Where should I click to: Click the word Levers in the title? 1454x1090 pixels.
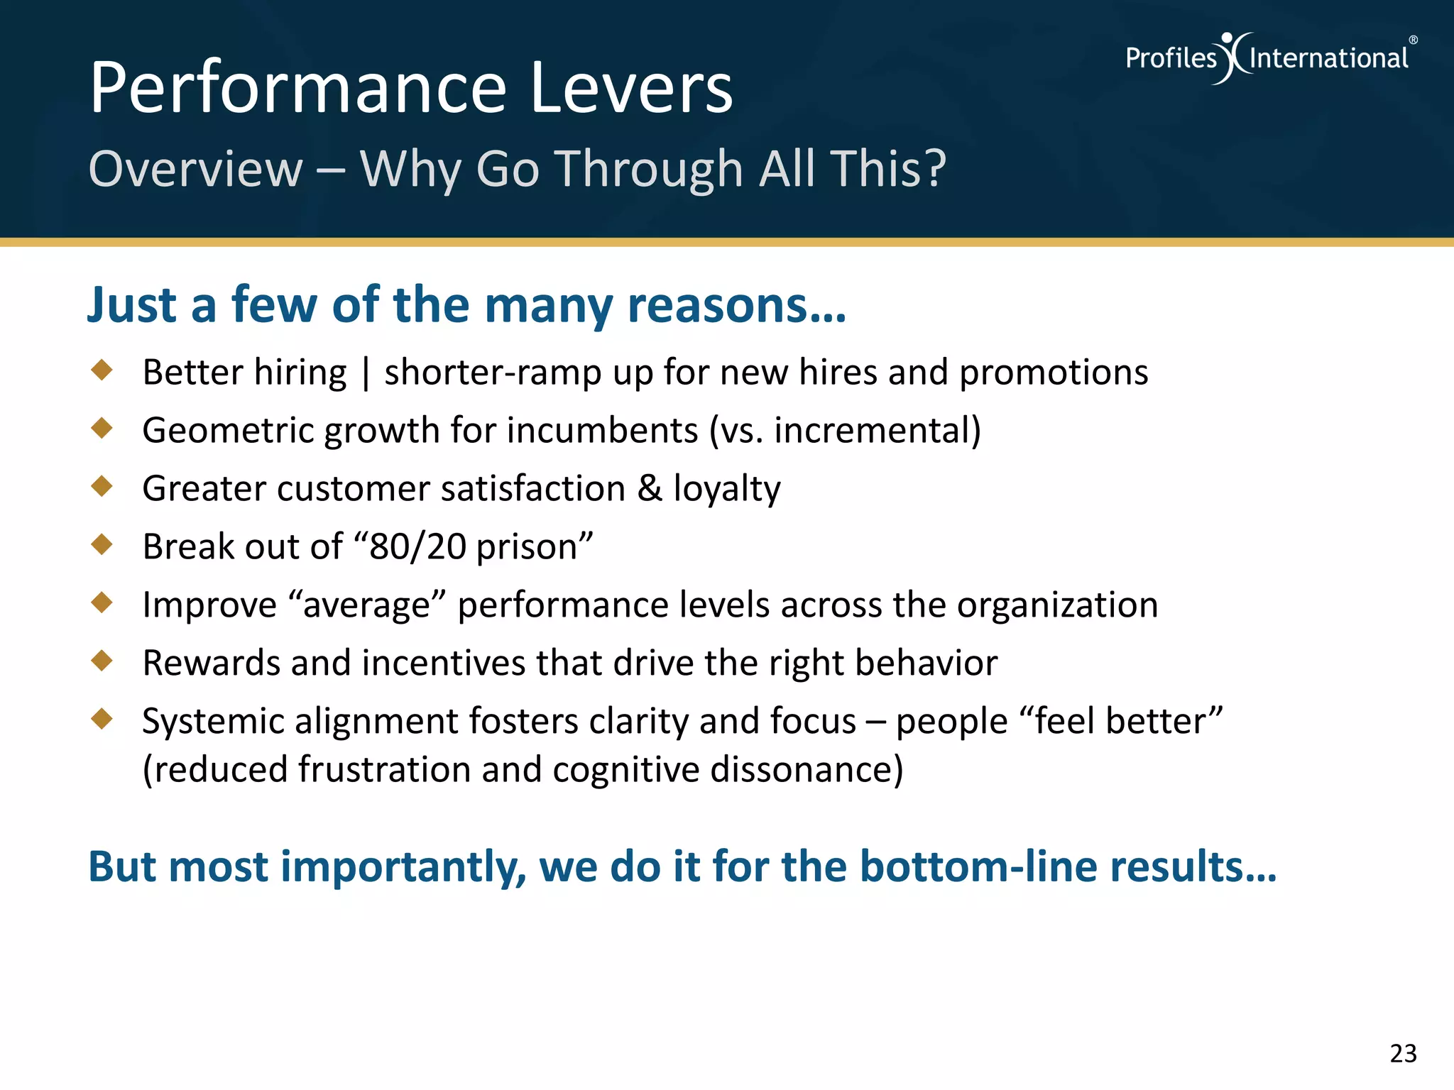pyautogui.click(x=630, y=88)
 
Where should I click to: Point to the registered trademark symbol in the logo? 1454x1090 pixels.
pyautogui.click(x=1413, y=40)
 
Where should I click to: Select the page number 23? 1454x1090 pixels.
pyautogui.click(x=1403, y=1053)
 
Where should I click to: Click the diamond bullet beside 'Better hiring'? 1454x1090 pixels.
pyautogui.click(x=102, y=370)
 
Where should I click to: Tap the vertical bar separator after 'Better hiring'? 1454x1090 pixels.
pyautogui.click(x=366, y=374)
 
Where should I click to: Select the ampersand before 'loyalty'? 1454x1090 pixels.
pyautogui.click(x=649, y=488)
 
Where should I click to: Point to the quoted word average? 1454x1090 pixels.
pyautogui.click(x=367, y=605)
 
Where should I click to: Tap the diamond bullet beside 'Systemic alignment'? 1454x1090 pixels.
pyautogui.click(x=102, y=719)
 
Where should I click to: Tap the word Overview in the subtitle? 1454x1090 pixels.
pyautogui.click(x=196, y=169)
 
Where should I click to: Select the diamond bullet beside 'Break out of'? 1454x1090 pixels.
pyautogui.click(x=102, y=544)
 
